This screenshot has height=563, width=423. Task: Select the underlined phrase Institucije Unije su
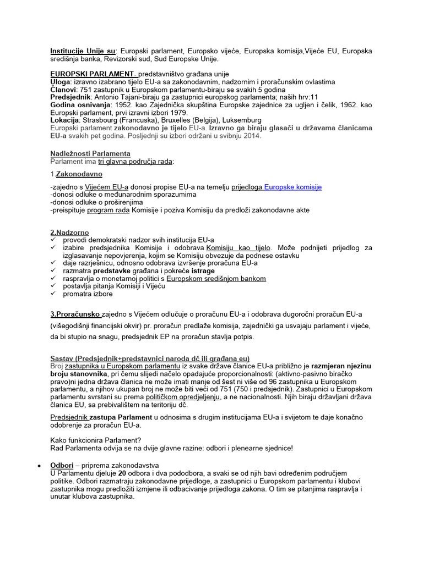[84, 51]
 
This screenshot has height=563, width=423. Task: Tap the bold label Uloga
[60, 81]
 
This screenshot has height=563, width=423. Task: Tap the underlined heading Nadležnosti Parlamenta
[90, 153]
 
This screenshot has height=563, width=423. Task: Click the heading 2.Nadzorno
[69, 233]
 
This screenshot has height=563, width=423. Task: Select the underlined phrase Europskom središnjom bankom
[216, 278]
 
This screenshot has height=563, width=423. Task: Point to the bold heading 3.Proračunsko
[75, 314]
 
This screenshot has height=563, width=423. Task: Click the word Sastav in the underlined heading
[62, 358]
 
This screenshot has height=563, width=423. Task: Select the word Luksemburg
[240, 120]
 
